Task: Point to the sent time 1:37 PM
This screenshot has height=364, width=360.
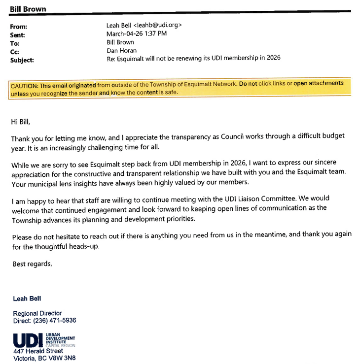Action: coord(153,34)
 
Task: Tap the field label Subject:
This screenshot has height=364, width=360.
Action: coord(22,60)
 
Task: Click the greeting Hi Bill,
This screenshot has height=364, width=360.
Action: coord(24,120)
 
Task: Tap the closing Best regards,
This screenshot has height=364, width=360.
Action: coord(32,264)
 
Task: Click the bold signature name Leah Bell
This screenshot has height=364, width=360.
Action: coord(27,298)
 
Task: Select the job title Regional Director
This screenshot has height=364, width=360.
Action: coord(37,313)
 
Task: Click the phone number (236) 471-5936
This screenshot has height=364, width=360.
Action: coord(55,321)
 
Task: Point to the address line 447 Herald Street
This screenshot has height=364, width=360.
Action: coord(38,351)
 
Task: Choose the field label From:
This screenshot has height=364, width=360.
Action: coord(19,26)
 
